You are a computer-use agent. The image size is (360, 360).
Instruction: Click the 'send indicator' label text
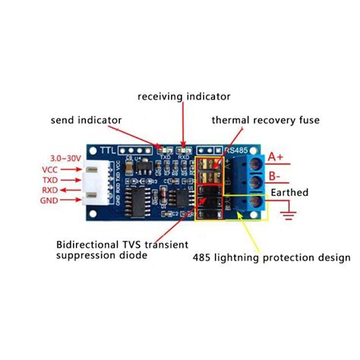[x=87, y=120]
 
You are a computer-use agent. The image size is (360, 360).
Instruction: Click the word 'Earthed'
[x=289, y=193]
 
